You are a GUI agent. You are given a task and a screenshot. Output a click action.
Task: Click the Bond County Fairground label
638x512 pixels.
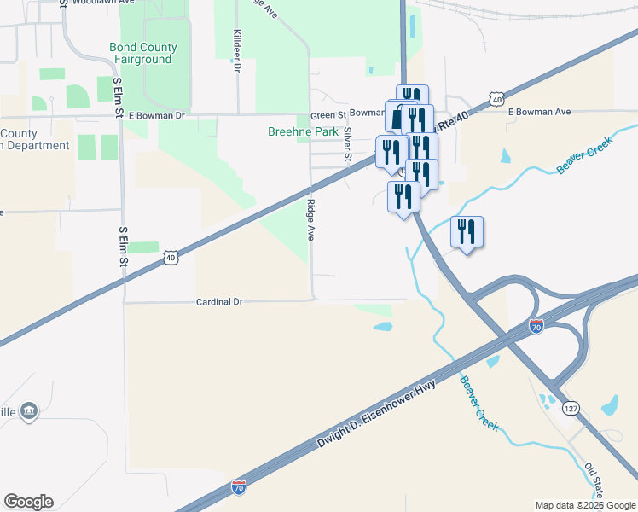(x=143, y=54)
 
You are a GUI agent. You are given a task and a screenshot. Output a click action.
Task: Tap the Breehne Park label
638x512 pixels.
(x=303, y=132)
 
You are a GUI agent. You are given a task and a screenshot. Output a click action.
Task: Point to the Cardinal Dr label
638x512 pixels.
(x=220, y=302)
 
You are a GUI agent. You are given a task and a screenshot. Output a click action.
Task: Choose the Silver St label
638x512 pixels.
(x=347, y=144)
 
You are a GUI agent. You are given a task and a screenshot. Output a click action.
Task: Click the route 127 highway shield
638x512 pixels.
(x=571, y=410)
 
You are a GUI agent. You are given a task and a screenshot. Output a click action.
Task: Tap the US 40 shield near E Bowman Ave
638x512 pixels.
(x=496, y=100)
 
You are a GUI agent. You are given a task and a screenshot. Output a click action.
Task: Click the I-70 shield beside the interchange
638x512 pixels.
(x=536, y=326)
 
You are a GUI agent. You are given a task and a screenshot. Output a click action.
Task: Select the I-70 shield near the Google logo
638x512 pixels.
(x=239, y=488)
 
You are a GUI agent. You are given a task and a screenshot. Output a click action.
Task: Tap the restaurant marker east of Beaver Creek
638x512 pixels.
(x=467, y=232)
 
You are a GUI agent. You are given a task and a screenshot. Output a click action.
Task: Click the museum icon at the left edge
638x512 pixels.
(x=29, y=411)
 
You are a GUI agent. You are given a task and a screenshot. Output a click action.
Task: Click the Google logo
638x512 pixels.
(x=28, y=502)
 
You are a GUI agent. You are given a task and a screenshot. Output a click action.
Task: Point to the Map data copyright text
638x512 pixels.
(x=585, y=505)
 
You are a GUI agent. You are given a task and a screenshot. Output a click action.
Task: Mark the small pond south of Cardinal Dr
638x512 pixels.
(x=383, y=326)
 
